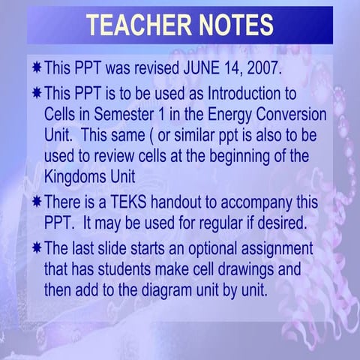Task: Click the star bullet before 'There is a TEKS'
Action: (37, 202)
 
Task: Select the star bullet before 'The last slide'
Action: (37, 247)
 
